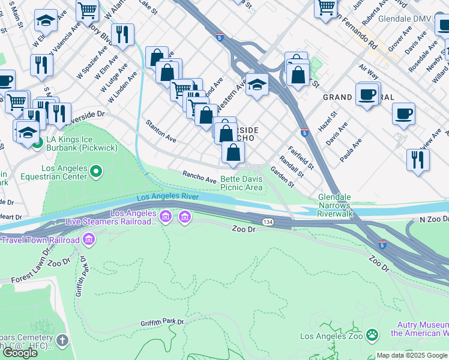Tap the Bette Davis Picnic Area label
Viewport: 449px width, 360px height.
tap(241, 183)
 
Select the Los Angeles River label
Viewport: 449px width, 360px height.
tap(167, 197)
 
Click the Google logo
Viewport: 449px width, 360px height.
tap(20, 353)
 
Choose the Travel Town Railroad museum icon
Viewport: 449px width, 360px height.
tap(89, 241)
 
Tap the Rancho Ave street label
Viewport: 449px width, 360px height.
tap(199, 176)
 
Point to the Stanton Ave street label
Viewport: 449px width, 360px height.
tap(161, 130)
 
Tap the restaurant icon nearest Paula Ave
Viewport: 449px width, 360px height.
tap(418, 160)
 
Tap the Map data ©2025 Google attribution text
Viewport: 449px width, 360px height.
tap(412, 355)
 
